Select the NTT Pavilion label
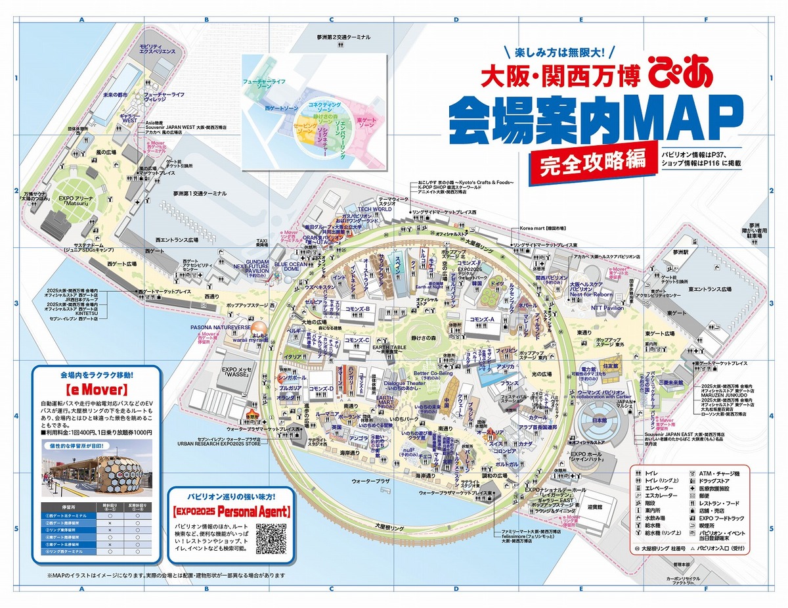(x=607, y=308)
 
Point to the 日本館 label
(x=598, y=420)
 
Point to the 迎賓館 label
(x=594, y=506)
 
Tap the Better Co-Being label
(x=433, y=373)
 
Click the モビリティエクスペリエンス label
(x=156, y=47)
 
